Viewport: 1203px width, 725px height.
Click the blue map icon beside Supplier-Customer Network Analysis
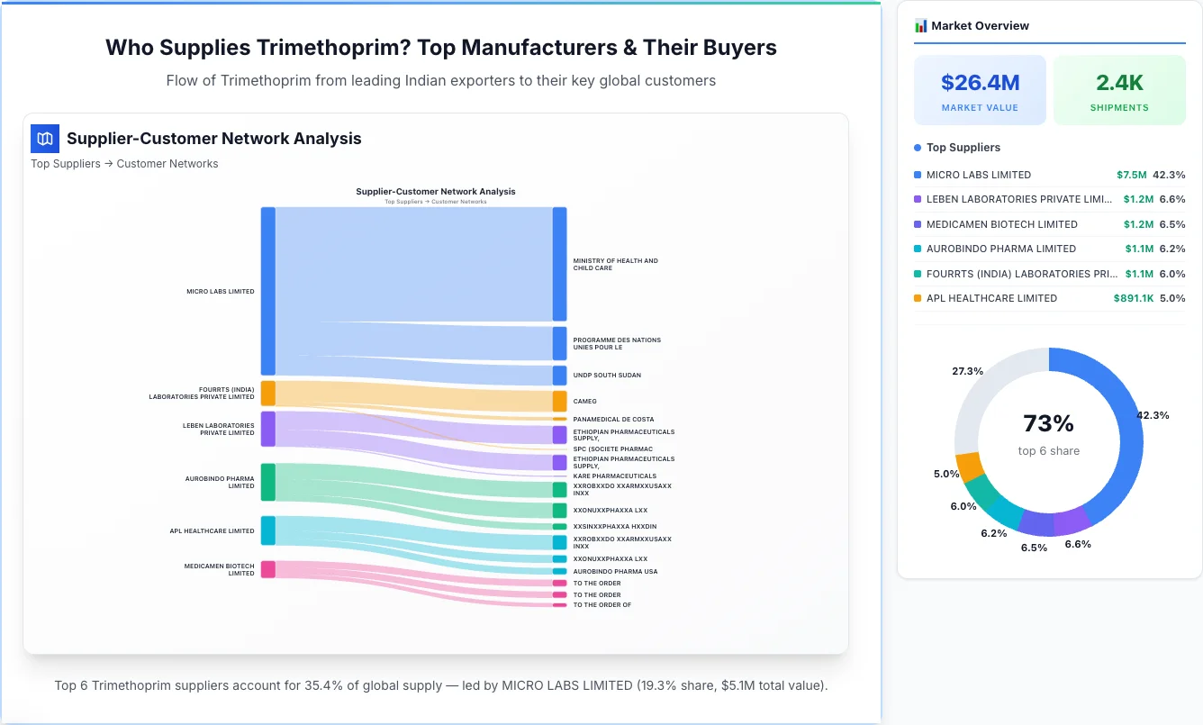tap(45, 139)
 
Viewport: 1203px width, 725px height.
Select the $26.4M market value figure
tap(980, 83)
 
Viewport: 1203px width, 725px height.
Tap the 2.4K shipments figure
tap(1119, 83)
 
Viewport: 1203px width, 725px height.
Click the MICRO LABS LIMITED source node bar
tap(267, 291)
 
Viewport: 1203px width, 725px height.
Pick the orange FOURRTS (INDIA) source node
tap(267, 393)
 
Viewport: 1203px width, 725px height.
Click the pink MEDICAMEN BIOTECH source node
tap(267, 569)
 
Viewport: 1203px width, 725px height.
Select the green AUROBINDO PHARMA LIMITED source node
tap(267, 482)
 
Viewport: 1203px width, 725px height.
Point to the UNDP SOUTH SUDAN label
tap(607, 375)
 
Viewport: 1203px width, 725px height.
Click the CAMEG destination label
tap(584, 402)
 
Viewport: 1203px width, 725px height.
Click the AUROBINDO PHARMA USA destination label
tap(615, 571)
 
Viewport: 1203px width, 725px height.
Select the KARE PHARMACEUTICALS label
tap(614, 476)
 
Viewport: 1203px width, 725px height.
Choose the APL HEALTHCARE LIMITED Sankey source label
tap(212, 530)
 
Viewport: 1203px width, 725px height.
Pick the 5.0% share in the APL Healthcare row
tap(1172, 298)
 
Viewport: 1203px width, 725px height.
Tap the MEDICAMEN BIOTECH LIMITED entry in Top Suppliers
tap(1001, 224)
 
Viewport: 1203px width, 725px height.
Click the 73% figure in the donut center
tap(1048, 423)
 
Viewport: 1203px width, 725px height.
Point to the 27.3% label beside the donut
tap(967, 371)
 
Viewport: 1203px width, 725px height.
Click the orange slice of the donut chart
tap(969, 467)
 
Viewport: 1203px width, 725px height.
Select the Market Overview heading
tap(980, 26)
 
